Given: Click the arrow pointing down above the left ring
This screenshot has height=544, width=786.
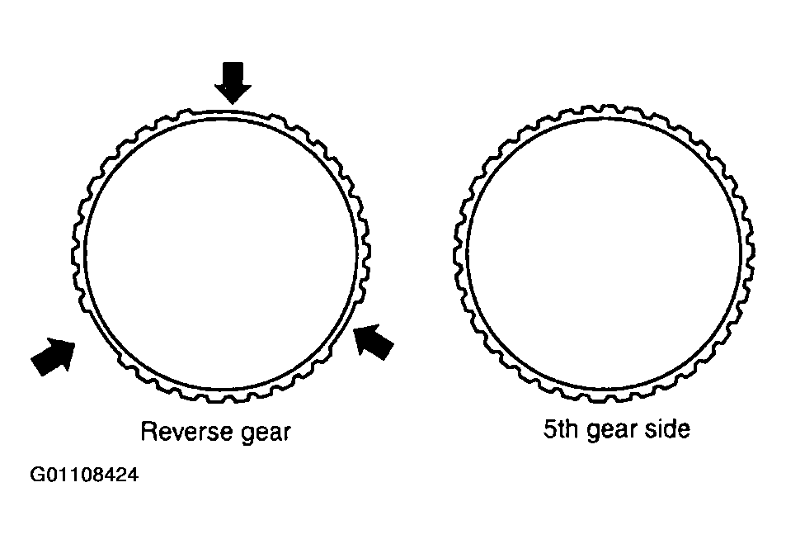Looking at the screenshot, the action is tap(233, 82).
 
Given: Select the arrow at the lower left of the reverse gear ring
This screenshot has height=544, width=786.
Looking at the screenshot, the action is tap(54, 356).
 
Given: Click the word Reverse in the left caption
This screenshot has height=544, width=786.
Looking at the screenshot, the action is tap(187, 432).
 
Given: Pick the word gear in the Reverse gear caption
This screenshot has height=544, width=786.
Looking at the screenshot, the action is tap(266, 433).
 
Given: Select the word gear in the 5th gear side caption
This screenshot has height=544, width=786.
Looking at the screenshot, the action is tap(611, 431).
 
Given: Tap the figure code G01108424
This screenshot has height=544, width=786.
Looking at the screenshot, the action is tap(84, 474).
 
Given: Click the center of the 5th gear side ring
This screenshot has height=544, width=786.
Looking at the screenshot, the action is tap(604, 253).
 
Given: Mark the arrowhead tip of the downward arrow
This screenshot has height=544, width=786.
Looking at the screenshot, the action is tap(233, 104).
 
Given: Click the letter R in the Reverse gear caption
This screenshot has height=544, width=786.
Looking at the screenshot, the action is tap(148, 432).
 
